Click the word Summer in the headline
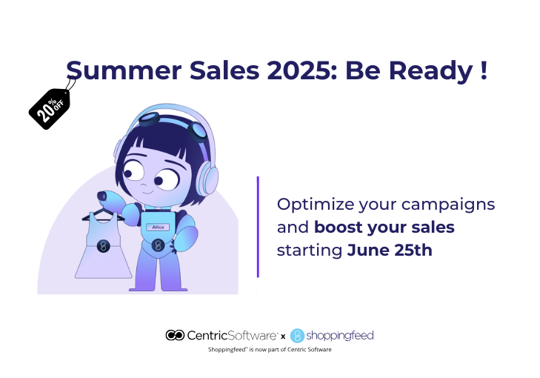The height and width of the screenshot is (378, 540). point(124,70)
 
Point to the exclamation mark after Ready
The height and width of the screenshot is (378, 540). point(484,70)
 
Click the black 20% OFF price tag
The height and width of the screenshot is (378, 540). point(50,108)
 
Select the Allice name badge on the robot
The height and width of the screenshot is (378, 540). point(158,227)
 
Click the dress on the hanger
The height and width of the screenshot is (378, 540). point(103,245)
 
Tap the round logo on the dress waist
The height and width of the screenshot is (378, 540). point(103,245)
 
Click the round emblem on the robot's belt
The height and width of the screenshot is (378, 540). point(158,245)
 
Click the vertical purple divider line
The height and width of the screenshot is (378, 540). point(258,227)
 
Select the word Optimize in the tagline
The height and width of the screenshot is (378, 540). point(316,205)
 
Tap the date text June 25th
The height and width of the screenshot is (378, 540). point(390,251)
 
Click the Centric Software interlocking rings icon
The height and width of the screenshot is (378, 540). point(175,335)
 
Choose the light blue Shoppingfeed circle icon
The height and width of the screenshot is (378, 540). point(297,335)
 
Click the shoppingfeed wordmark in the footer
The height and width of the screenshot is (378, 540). point(340,335)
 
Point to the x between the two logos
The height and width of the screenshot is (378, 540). point(283,336)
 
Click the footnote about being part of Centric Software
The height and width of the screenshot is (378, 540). point(270,349)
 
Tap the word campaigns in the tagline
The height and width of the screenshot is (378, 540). point(448,205)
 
